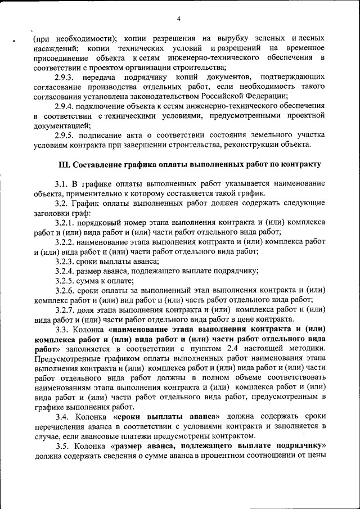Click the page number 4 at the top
(x=178, y=19)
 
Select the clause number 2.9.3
(x=65, y=76)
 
